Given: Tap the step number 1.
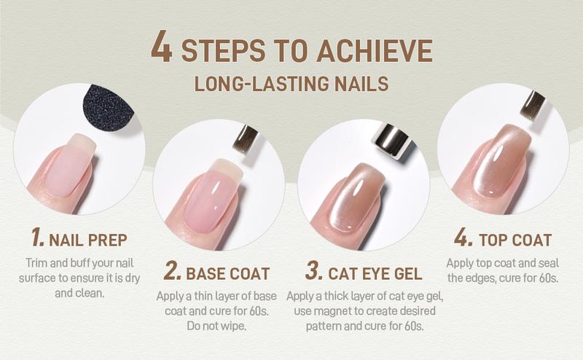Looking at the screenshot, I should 36,238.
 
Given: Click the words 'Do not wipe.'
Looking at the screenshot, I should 218,324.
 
